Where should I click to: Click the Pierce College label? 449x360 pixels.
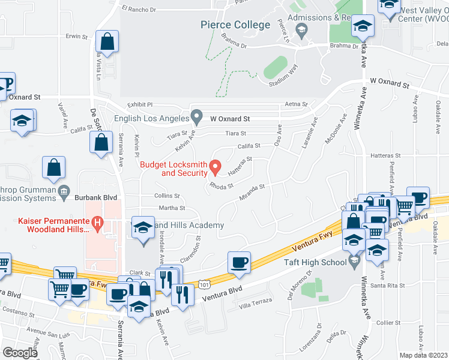(x=235, y=25)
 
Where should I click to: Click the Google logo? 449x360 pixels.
(x=20, y=353)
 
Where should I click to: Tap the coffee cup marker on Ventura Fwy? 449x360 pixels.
(x=240, y=262)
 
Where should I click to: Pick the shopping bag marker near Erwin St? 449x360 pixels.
(x=107, y=42)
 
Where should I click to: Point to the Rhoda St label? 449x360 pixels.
(x=220, y=185)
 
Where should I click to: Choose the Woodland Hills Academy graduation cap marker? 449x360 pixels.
(x=143, y=229)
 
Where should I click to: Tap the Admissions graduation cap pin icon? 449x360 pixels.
(x=302, y=30)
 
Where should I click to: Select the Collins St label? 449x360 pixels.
(x=167, y=196)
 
